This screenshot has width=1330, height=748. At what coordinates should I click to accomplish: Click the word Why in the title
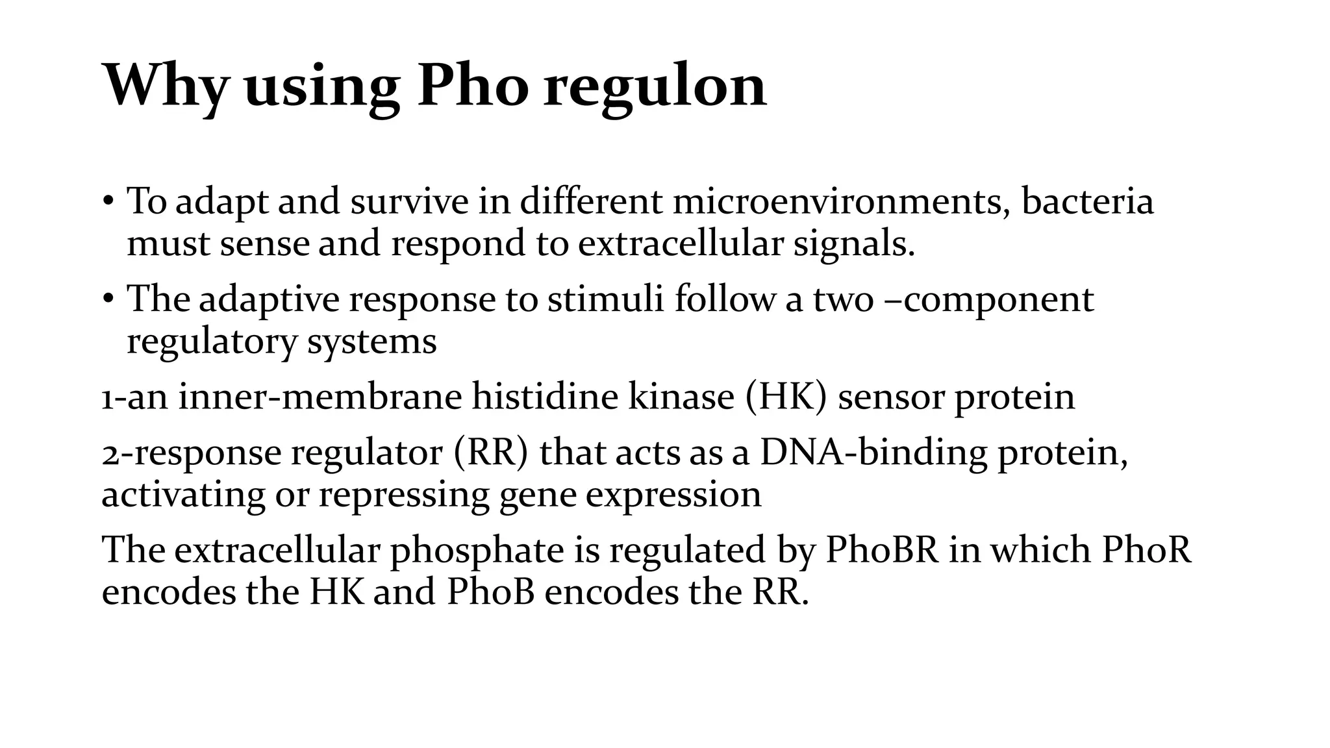point(165,86)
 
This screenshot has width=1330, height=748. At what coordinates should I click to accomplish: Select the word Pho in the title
point(472,86)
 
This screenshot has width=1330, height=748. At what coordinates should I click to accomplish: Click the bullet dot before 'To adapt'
point(108,201)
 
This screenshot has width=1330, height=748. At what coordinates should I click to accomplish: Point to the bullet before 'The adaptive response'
point(108,299)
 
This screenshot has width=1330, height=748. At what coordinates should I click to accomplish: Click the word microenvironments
point(841,201)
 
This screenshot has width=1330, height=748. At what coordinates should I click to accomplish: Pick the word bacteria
point(1087,201)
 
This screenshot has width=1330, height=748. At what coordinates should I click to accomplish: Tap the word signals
point(853,244)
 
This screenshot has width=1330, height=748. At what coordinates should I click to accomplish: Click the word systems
point(371,342)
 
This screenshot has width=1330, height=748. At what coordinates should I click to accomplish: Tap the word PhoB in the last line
point(490,592)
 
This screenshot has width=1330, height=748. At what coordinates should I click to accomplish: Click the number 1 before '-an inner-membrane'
point(107,397)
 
